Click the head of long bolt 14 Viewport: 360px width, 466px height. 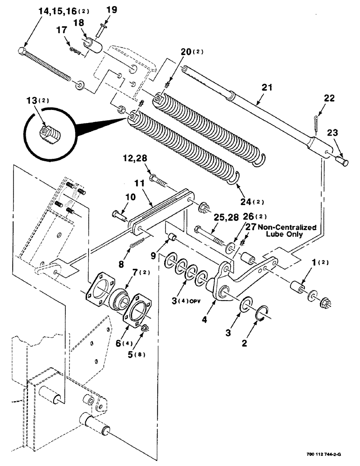(x=22, y=50)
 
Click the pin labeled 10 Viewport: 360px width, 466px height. (x=118, y=215)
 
